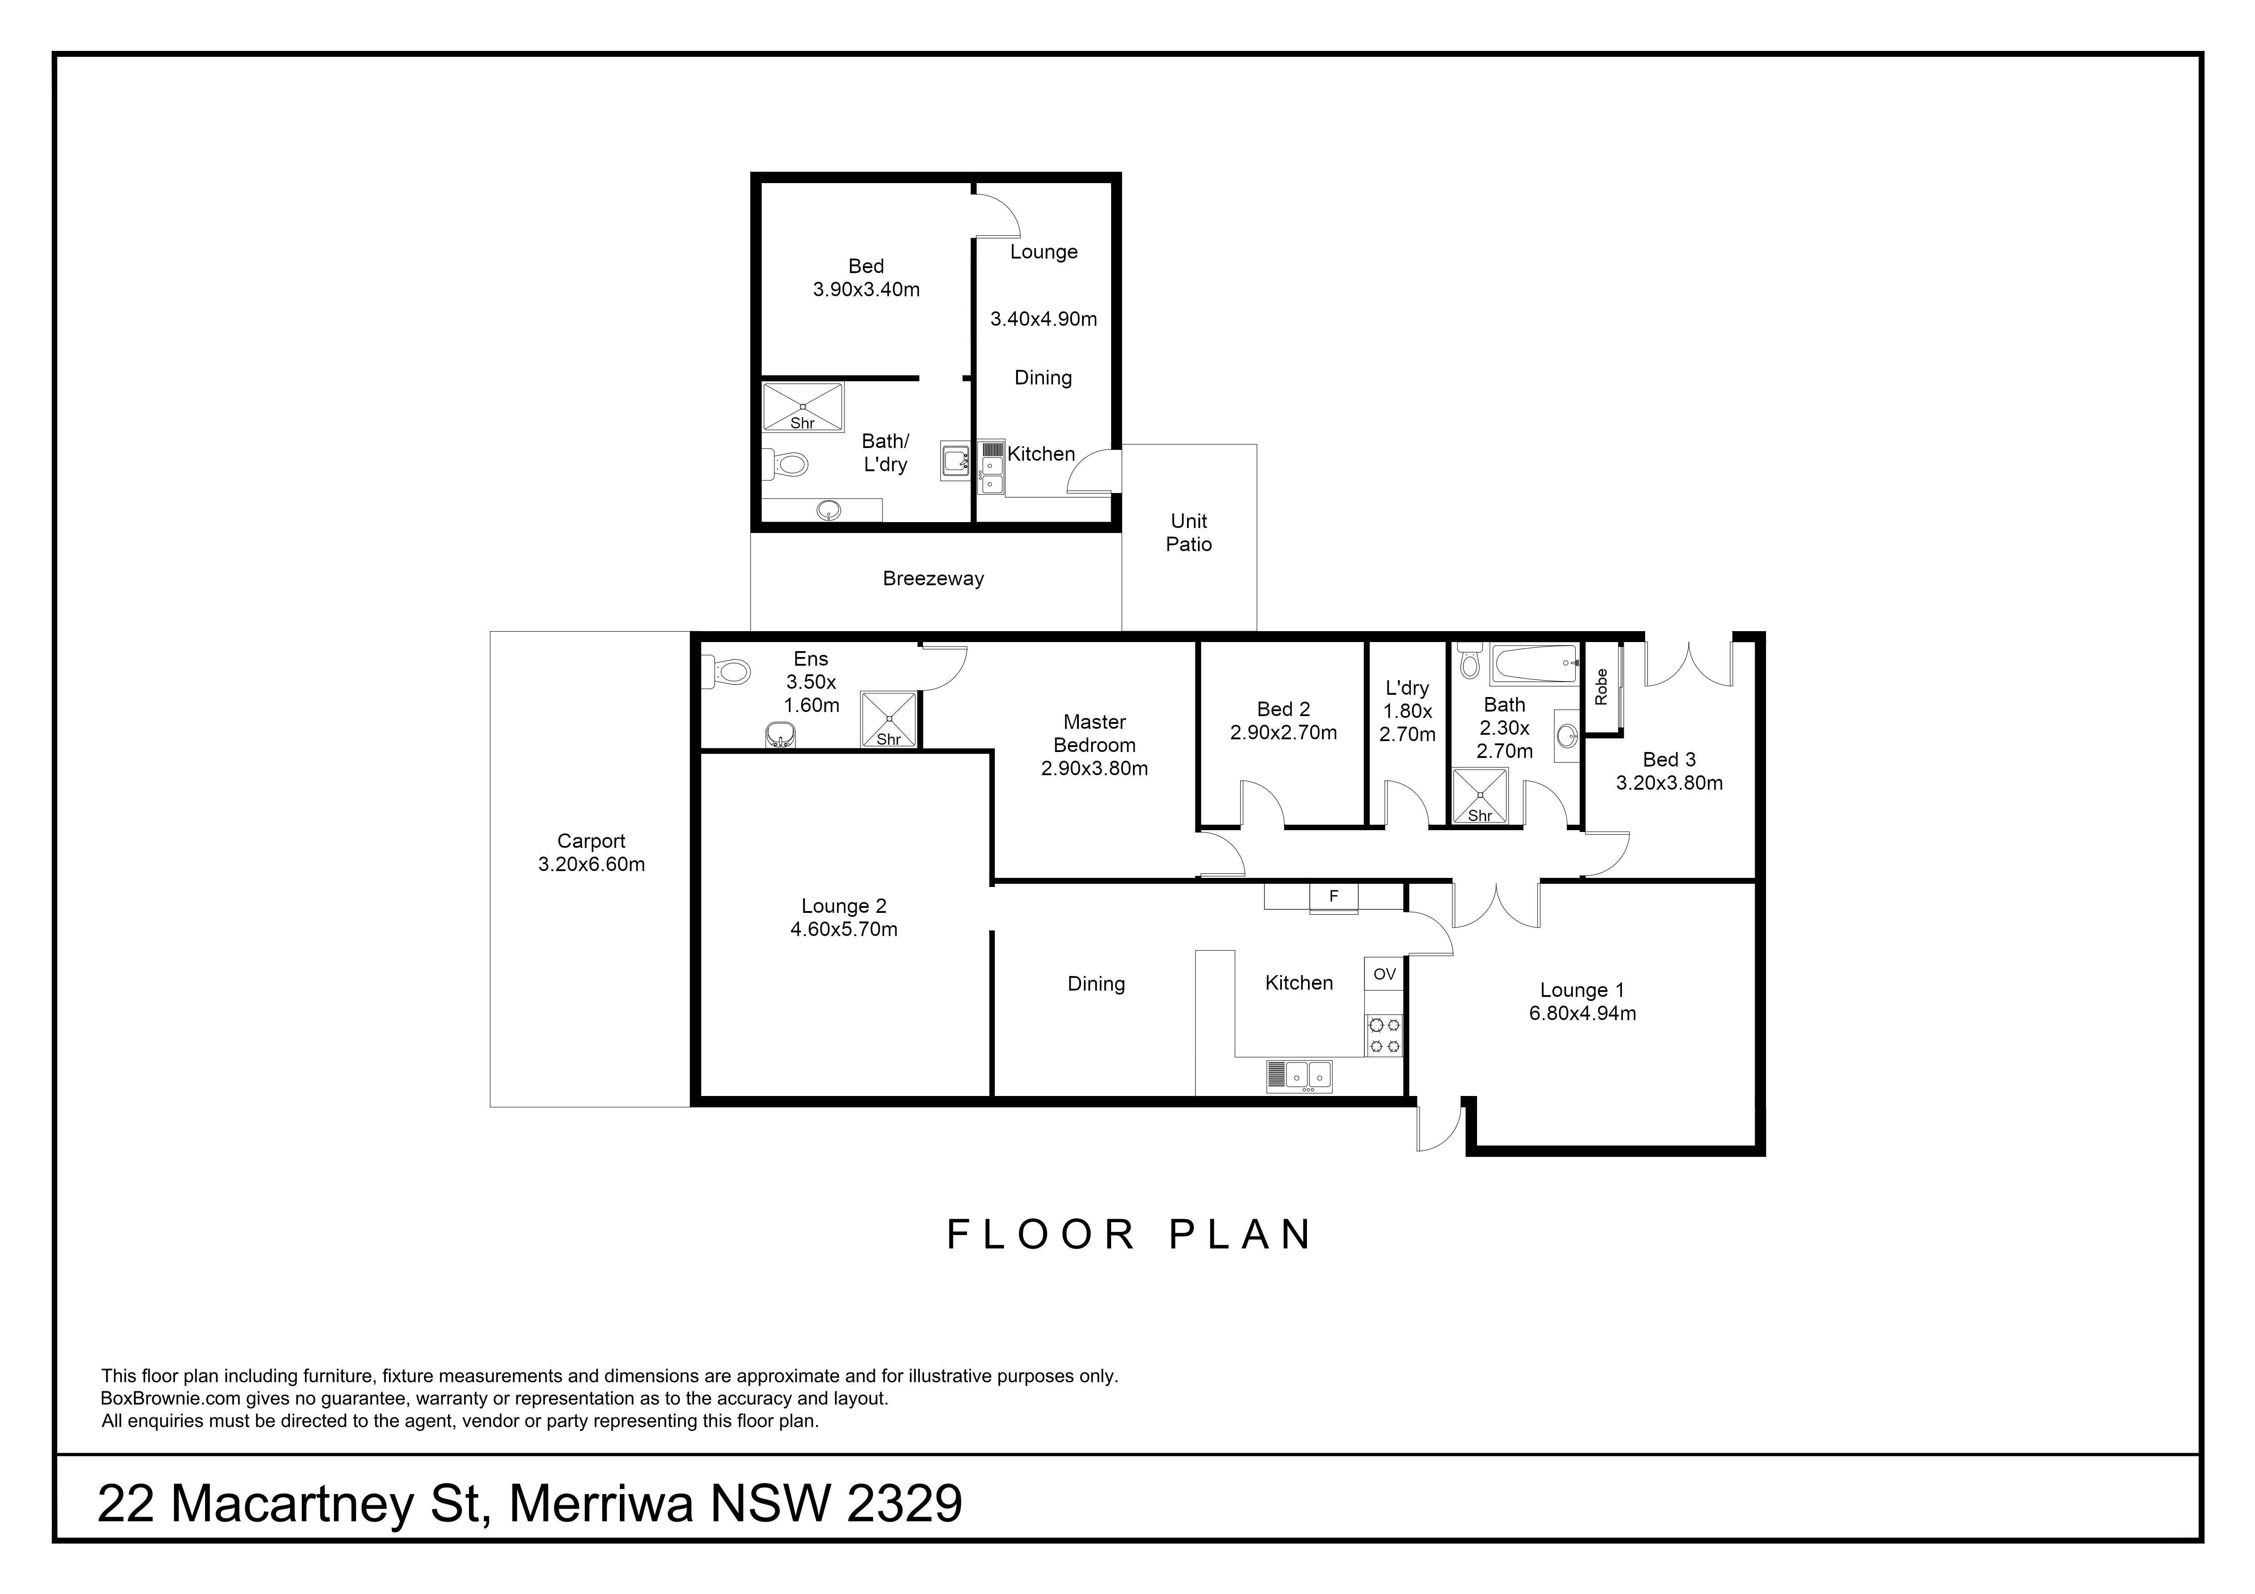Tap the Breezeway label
pyautogui.click(x=933, y=578)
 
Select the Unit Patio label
pyautogui.click(x=1188, y=532)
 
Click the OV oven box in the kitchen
pyautogui.click(x=1384, y=974)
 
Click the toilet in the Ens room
pyautogui.click(x=727, y=672)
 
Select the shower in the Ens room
pyautogui.click(x=889, y=720)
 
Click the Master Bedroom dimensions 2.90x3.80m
pyautogui.click(x=1094, y=769)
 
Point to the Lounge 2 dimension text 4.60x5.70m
pyautogui.click(x=843, y=929)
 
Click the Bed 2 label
pyautogui.click(x=1282, y=709)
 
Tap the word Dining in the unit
pyautogui.click(x=1043, y=378)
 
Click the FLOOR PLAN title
pyautogui.click(x=1128, y=1235)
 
